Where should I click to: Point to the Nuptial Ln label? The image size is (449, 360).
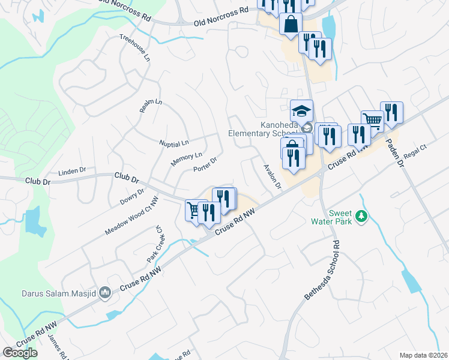tap(174, 143)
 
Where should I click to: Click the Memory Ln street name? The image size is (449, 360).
tap(186, 159)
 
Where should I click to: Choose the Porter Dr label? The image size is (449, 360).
tap(204, 164)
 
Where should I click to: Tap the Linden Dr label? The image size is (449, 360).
tap(72, 172)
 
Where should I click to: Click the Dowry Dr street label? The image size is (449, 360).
tap(132, 197)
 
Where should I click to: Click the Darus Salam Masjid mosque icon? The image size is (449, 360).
tap(105, 293)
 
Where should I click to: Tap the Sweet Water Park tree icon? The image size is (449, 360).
tap(361, 216)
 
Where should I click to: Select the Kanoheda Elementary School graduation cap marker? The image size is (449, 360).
tap(301, 110)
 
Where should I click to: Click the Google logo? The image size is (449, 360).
tap(20, 352)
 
